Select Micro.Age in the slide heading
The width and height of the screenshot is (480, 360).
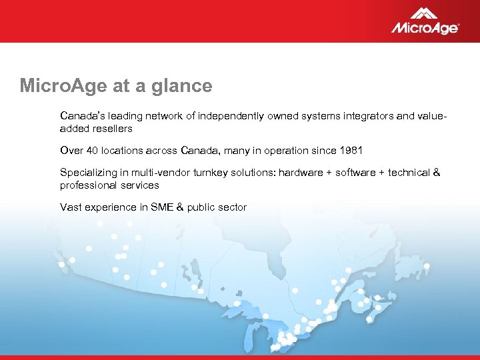pos(58,86)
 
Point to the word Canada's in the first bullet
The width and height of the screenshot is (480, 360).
pos(81,116)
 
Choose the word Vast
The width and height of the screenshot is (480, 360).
pos(71,207)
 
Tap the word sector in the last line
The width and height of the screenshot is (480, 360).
pos(232,207)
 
